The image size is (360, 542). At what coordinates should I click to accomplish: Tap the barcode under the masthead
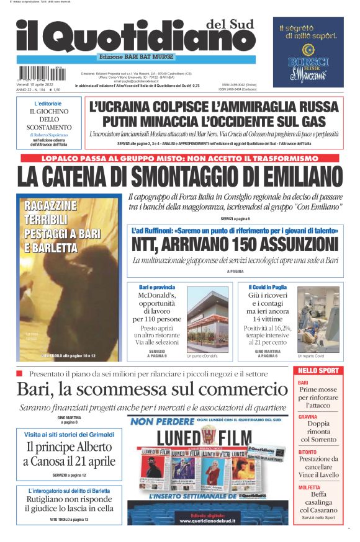point(41,72)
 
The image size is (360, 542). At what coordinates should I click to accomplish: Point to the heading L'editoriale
point(48,103)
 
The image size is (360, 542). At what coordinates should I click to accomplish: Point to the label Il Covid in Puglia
point(268,287)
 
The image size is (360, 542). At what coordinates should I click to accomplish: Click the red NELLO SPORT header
point(318,371)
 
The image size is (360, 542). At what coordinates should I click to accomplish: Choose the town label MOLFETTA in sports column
point(309,487)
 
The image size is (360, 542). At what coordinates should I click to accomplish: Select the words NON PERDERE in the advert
point(156,422)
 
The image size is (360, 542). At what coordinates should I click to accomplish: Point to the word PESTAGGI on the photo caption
point(47,234)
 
